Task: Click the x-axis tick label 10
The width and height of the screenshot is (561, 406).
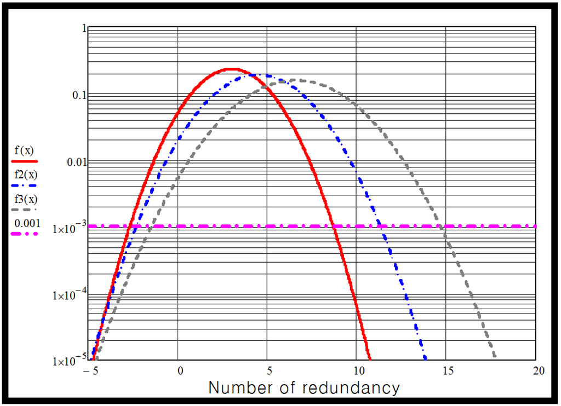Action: tap(357, 371)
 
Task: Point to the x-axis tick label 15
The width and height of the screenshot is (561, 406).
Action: tap(446, 371)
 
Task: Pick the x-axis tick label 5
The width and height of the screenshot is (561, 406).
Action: tap(268, 371)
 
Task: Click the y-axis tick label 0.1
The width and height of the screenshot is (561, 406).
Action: tap(80, 95)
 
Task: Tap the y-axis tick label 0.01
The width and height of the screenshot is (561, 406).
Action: tap(77, 162)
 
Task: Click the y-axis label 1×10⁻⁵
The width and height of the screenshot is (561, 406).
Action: tap(68, 361)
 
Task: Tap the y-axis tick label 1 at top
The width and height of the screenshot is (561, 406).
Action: tap(84, 28)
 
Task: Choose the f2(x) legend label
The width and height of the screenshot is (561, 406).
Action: tap(25, 175)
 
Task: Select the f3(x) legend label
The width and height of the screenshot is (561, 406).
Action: tap(25, 199)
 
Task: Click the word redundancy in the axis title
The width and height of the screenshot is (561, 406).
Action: tap(350, 388)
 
